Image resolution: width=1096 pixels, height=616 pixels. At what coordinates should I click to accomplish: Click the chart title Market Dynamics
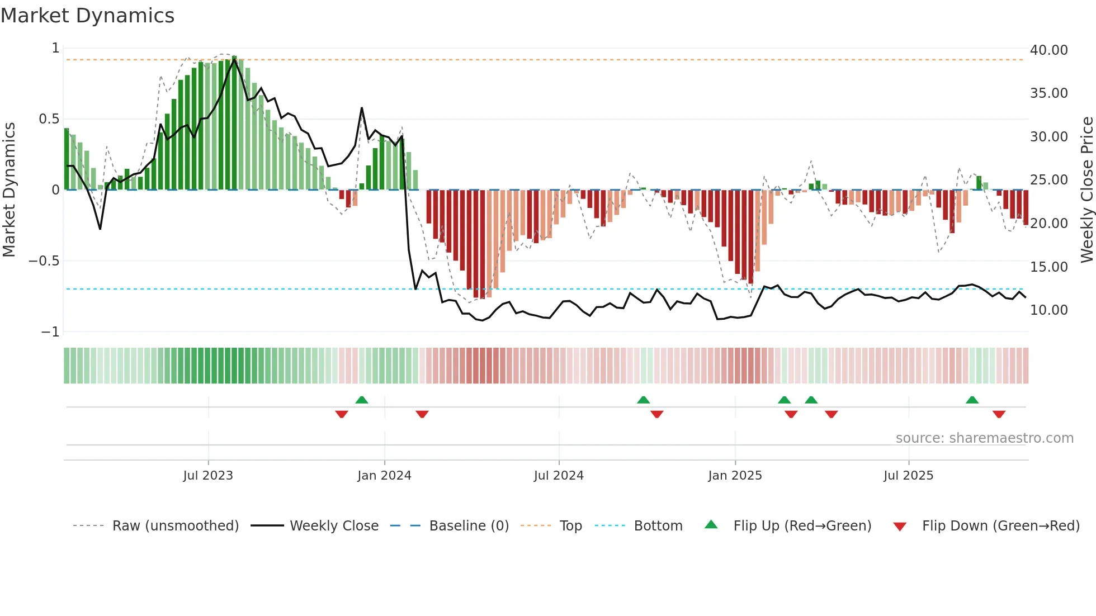click(88, 16)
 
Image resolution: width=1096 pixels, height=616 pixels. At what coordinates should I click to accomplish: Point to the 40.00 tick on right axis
click(1048, 50)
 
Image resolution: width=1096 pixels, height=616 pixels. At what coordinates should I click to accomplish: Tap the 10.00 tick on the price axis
click(1048, 310)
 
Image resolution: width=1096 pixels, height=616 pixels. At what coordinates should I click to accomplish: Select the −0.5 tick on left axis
click(44, 261)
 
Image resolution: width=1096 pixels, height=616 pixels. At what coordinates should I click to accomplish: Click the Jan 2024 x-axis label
click(384, 476)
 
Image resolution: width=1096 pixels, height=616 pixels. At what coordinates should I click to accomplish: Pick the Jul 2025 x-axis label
click(908, 476)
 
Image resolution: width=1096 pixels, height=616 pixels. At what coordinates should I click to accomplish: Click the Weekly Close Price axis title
click(1086, 189)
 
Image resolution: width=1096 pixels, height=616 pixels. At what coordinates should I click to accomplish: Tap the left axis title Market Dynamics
click(10, 189)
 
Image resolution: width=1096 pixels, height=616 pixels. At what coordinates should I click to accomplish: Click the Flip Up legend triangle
click(711, 524)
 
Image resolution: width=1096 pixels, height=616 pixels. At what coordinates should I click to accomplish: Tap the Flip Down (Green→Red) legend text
click(1000, 526)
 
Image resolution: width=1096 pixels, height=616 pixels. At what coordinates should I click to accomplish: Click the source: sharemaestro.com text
click(984, 438)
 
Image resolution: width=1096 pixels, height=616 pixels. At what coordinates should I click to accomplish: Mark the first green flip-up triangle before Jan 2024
click(362, 400)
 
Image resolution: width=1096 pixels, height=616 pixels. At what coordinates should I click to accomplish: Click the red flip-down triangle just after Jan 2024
click(422, 414)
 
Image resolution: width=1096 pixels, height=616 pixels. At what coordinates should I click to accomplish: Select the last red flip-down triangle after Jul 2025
click(999, 414)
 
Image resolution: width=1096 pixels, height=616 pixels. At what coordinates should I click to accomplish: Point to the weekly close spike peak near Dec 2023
click(362, 108)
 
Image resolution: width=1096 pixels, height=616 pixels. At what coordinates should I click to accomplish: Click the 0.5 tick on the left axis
click(49, 119)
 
